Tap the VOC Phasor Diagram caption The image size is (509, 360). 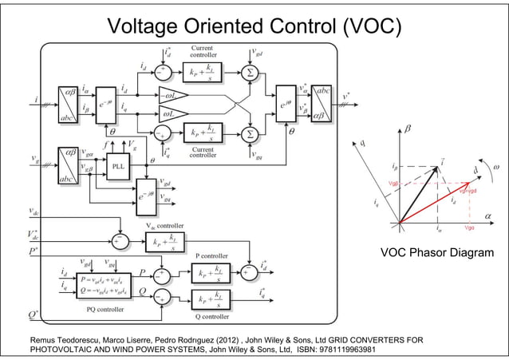(x=436, y=253)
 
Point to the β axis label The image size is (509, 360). (x=408, y=127)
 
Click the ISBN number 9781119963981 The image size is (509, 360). (x=334, y=349)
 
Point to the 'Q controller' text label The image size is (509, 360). (x=212, y=316)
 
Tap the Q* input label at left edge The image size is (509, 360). (x=34, y=314)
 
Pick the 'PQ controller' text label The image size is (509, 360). (x=102, y=307)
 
